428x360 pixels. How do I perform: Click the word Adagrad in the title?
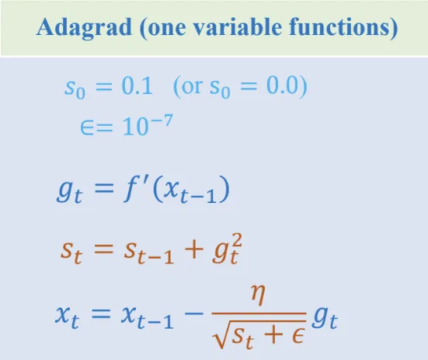pyautogui.click(x=84, y=28)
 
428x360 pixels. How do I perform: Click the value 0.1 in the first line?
pyautogui.click(x=137, y=86)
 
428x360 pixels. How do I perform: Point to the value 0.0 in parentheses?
pyautogui.click(x=282, y=86)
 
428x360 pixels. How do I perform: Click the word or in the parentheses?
pyautogui.click(x=192, y=87)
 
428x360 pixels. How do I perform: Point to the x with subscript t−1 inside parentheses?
pyautogui.click(x=190, y=191)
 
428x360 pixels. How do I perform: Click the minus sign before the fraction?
pyautogui.click(x=194, y=313)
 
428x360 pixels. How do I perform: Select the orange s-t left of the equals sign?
pyautogui.click(x=71, y=252)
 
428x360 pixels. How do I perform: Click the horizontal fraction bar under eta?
pyautogui.click(x=259, y=313)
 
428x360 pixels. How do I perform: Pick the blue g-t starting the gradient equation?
pyautogui.click(x=69, y=191)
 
